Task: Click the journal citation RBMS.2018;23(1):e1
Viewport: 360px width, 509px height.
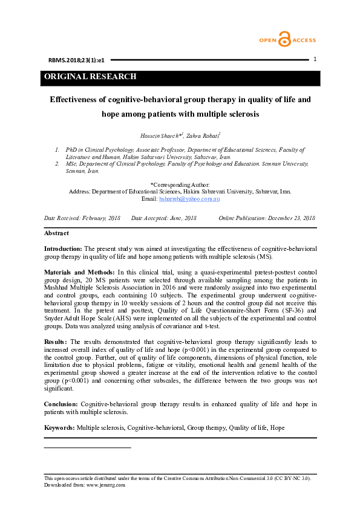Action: coord(76,60)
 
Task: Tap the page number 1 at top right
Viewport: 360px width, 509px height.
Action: coord(315,59)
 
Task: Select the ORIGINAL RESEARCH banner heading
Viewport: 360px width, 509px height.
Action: coord(90,77)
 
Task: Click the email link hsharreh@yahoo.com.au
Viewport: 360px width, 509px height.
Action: coord(189,198)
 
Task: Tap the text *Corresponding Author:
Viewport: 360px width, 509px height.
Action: coord(180,184)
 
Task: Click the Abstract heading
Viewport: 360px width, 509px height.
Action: coord(56,233)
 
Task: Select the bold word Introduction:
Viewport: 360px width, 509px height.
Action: coord(63,248)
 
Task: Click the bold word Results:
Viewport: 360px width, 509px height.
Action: coord(56,342)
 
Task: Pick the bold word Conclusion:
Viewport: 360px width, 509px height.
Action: coord(61,403)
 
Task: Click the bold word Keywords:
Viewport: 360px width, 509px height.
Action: coord(60,427)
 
